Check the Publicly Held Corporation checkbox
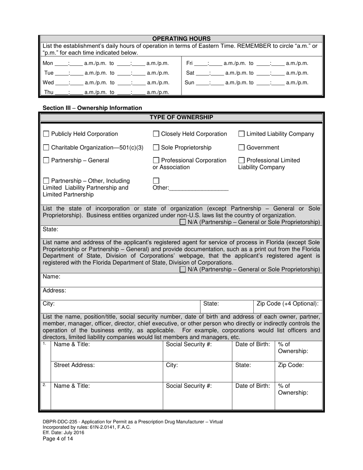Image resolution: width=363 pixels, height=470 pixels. [x=46, y=134]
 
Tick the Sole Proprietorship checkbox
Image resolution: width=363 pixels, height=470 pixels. [x=156, y=147]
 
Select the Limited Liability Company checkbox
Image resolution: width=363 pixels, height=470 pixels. [x=242, y=134]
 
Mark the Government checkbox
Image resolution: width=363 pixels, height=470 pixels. [x=242, y=147]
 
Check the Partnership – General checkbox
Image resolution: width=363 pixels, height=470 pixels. [x=46, y=160]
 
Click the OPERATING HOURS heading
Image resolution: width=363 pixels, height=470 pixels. [x=181, y=39]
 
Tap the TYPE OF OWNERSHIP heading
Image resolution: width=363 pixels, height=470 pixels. [x=181, y=117]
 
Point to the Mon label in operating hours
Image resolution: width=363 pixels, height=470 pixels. [x=48, y=63]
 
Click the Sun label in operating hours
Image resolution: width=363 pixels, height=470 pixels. [x=190, y=83]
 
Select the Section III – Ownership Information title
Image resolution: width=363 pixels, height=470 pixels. [x=92, y=108]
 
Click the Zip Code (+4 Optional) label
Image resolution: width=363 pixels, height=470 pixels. [x=287, y=304]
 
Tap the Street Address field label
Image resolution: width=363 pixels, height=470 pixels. [x=74, y=365]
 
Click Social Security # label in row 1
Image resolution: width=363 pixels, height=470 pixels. [x=189, y=344]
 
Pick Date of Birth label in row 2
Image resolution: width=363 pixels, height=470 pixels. [x=253, y=386]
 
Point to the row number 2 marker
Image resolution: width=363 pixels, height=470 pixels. [x=45, y=385]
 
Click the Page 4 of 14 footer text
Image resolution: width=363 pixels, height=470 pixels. [x=58, y=439]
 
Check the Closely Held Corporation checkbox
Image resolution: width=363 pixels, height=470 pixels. [x=156, y=134]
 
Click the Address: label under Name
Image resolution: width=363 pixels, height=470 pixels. [x=54, y=290]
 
